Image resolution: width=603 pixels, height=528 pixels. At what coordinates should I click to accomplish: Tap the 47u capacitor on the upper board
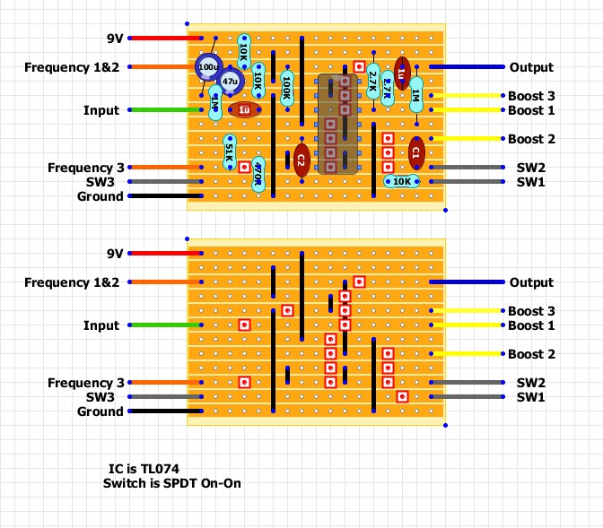(x=230, y=82)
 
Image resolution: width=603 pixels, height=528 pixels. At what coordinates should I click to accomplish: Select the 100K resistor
(x=286, y=87)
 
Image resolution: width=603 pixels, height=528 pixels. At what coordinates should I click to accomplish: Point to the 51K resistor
(x=229, y=151)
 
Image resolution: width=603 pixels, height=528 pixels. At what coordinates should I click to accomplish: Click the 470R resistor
(x=258, y=167)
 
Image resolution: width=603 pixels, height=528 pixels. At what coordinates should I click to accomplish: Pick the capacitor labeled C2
(x=301, y=159)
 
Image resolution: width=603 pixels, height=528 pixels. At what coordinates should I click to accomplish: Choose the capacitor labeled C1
(x=416, y=153)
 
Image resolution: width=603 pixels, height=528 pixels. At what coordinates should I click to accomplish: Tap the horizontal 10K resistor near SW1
(x=402, y=181)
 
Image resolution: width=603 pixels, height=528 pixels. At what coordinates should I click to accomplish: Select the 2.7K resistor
(x=373, y=87)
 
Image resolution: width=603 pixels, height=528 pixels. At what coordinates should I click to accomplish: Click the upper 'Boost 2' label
(x=531, y=139)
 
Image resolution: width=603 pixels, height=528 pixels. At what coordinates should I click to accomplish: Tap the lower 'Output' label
(x=531, y=282)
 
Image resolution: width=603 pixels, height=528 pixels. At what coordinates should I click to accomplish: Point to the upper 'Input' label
(x=101, y=110)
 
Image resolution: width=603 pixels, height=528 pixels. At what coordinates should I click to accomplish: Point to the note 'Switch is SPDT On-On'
(x=172, y=483)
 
